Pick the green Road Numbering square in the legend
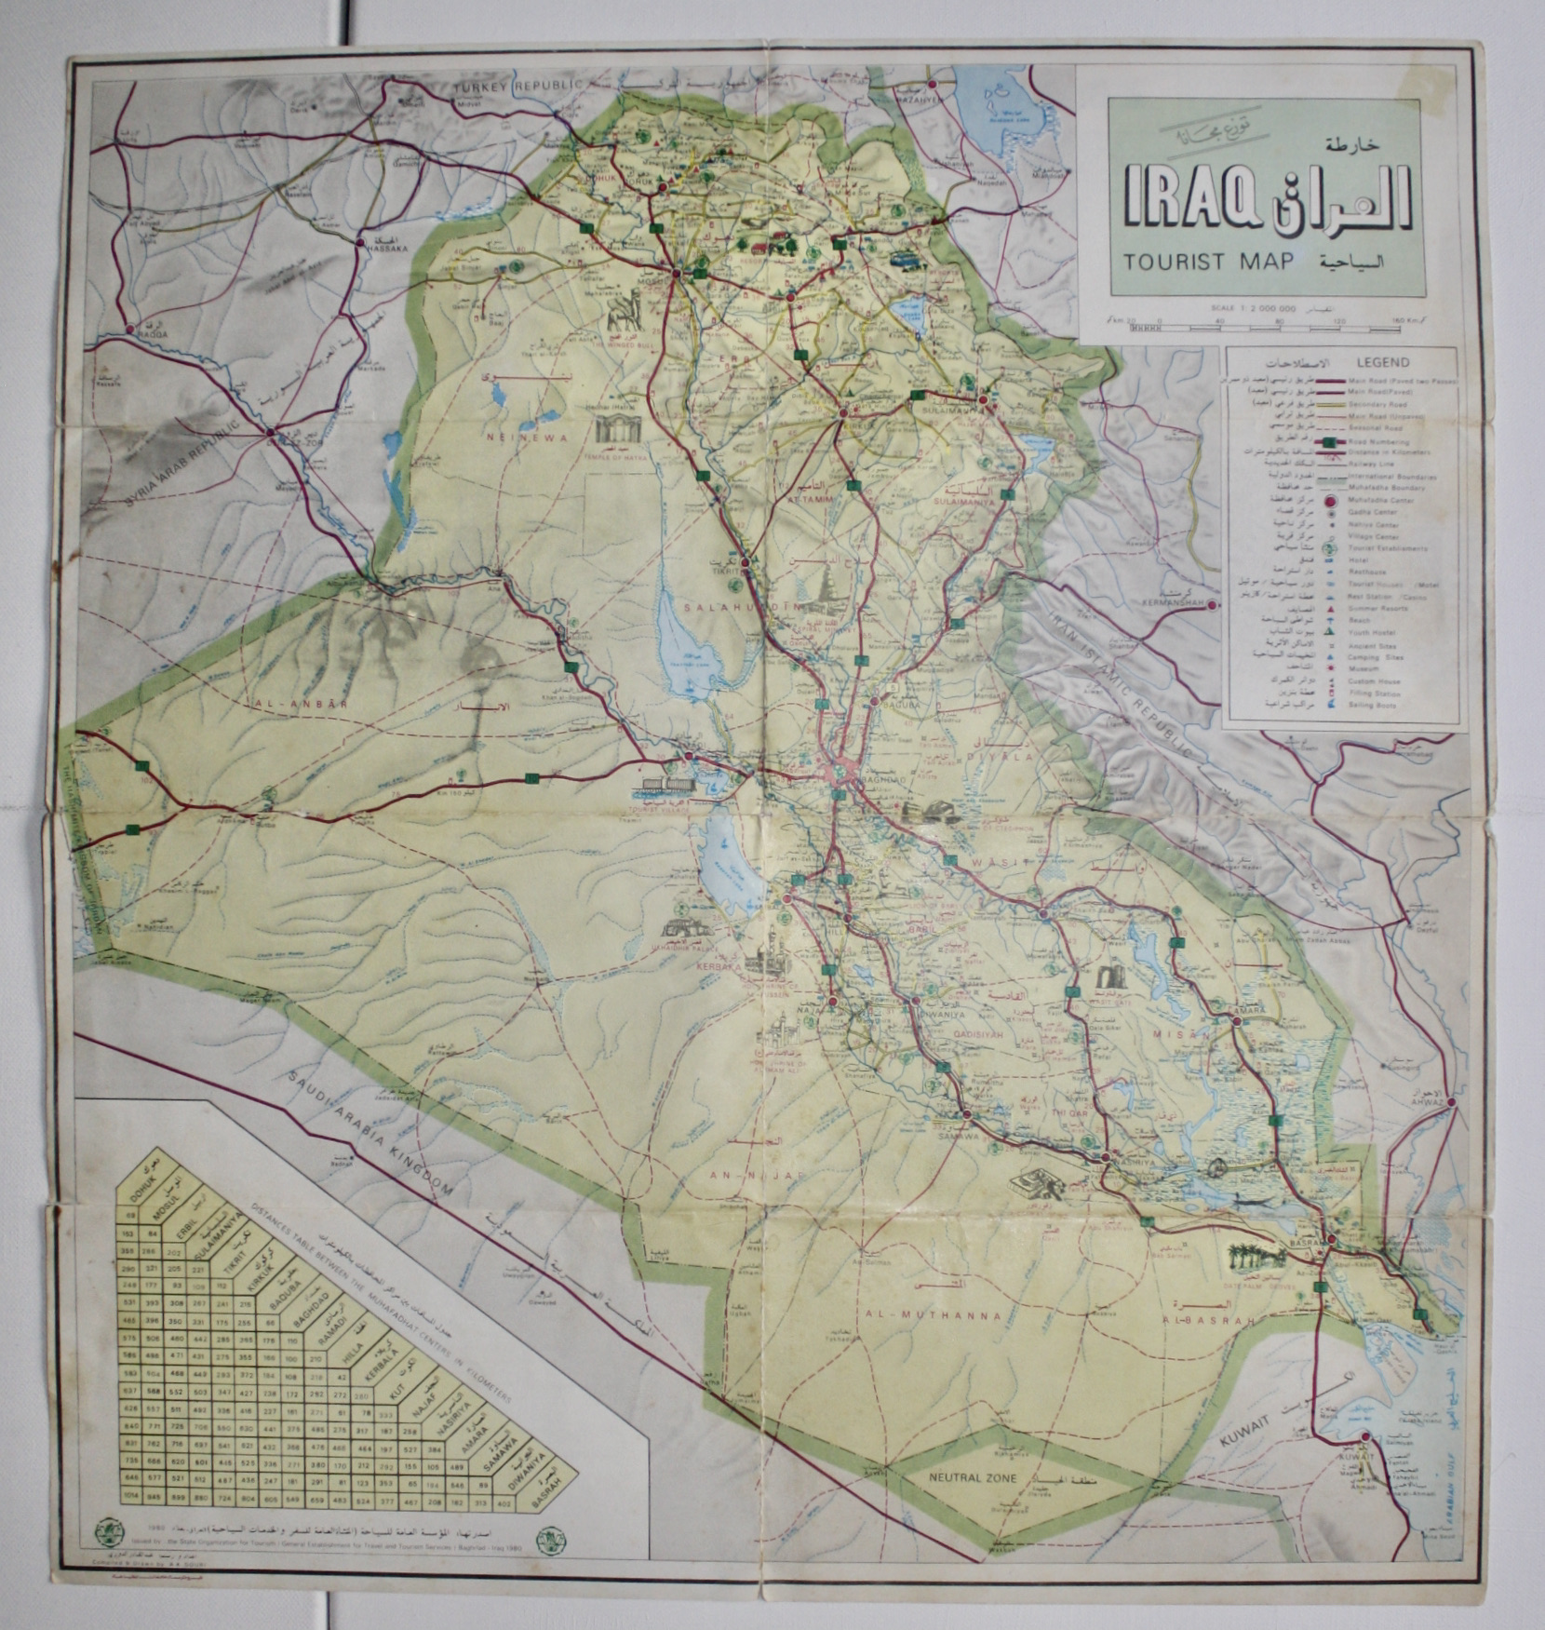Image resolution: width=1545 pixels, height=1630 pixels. (1330, 441)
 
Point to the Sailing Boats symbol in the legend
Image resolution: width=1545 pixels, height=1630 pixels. (1330, 706)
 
